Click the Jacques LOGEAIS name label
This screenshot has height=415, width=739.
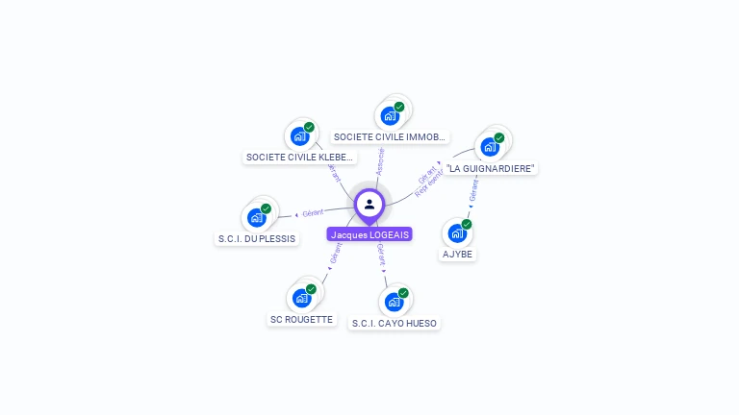(x=369, y=234)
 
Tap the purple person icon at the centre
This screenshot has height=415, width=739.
(x=369, y=204)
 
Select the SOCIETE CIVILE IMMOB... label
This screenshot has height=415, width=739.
(x=390, y=137)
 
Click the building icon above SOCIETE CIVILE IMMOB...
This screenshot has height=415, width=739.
(x=390, y=115)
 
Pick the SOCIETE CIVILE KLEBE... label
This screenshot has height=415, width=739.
(x=299, y=157)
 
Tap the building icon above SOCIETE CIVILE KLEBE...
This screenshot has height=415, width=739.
(x=300, y=136)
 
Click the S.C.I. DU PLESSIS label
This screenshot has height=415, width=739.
(x=257, y=238)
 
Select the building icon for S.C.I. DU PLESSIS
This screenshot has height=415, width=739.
(x=257, y=217)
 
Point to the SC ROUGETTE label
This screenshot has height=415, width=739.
(x=301, y=319)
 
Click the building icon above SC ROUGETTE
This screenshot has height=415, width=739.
(x=302, y=297)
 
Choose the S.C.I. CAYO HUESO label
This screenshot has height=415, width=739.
(x=394, y=324)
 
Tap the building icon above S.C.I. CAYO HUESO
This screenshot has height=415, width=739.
(x=394, y=302)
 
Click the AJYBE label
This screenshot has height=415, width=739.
(x=457, y=255)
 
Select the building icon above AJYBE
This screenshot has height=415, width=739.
(x=457, y=232)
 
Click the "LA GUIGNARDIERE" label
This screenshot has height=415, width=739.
(x=491, y=168)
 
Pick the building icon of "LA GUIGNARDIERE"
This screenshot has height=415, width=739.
(x=490, y=147)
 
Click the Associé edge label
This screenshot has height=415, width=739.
(x=380, y=160)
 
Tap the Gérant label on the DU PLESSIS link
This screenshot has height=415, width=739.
(x=313, y=212)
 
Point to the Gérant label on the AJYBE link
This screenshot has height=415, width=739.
(x=473, y=192)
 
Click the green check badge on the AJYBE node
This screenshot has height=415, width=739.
(x=467, y=224)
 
